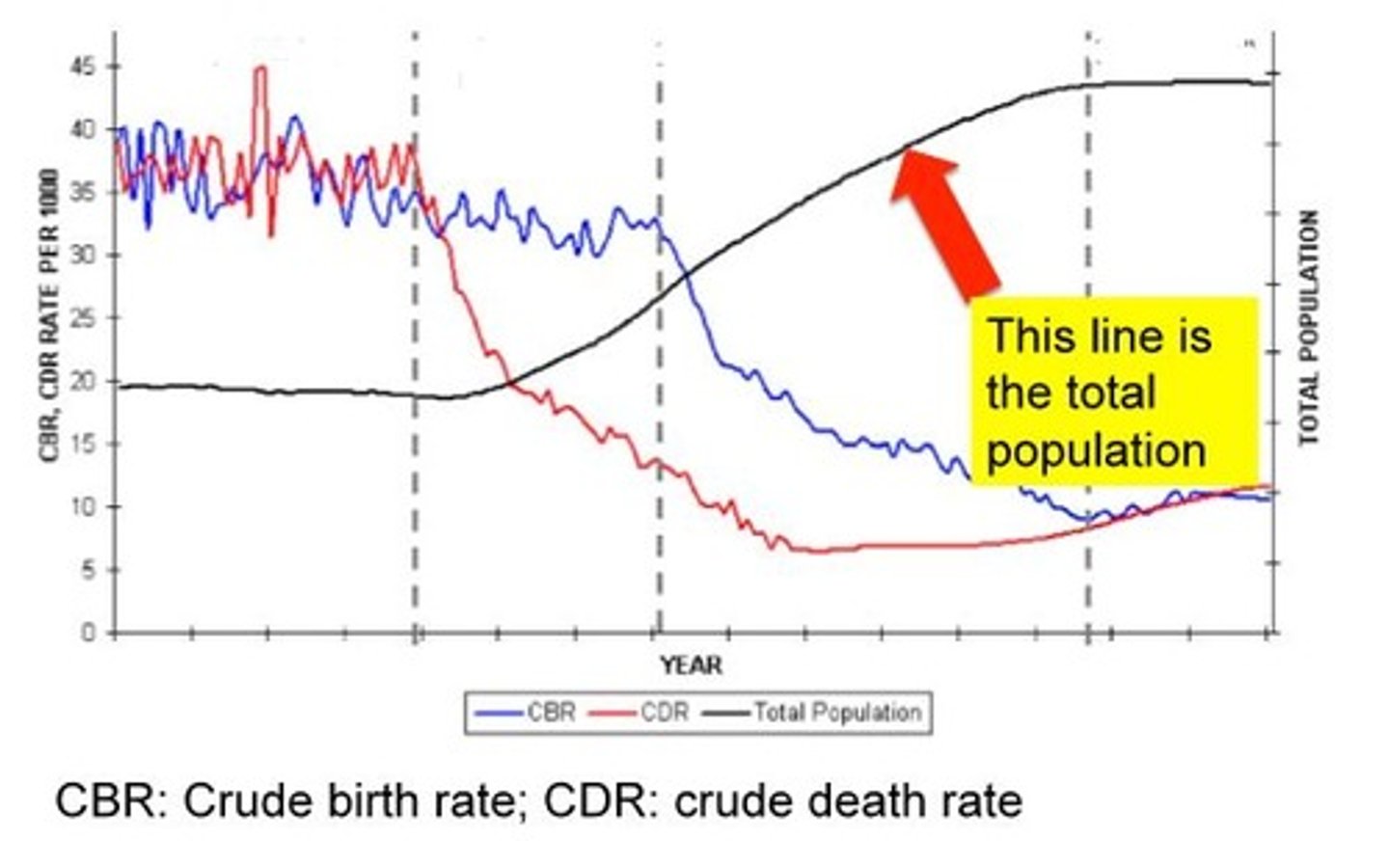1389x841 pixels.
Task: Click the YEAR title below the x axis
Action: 691,665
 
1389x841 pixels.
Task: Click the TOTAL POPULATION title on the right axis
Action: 1309,328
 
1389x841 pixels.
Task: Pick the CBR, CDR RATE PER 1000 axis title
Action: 50,315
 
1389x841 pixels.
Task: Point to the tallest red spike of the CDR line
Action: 259,69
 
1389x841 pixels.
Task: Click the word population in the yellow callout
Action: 1096,450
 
